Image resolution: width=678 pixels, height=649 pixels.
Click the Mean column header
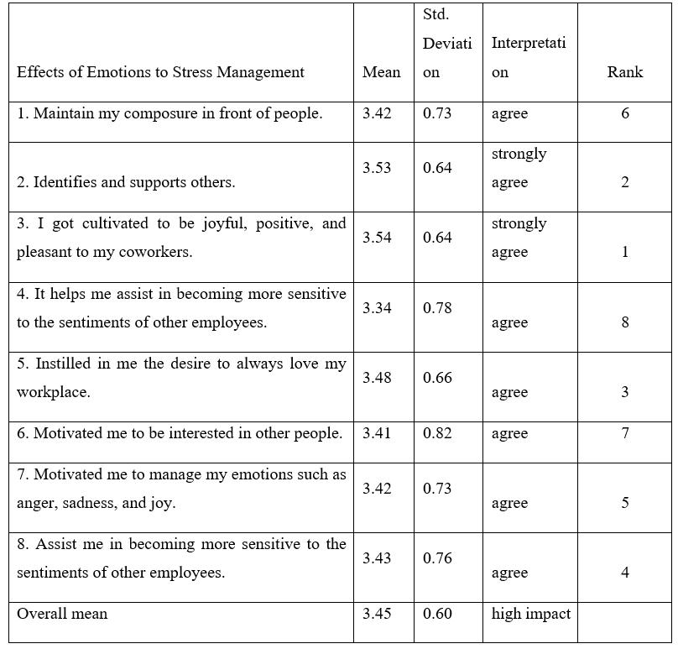click(381, 72)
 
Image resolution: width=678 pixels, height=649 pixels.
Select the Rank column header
click(624, 72)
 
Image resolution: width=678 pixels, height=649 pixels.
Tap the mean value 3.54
click(377, 238)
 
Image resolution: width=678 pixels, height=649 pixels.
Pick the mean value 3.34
click(377, 308)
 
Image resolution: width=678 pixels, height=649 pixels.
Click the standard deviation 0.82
click(437, 433)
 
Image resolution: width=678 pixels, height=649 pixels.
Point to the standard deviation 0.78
click(437, 308)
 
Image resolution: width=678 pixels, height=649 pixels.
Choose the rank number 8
click(625, 322)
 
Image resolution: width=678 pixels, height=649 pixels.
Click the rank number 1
click(625, 252)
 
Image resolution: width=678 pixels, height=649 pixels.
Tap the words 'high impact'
click(530, 614)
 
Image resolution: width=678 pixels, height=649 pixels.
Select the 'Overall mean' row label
click(62, 614)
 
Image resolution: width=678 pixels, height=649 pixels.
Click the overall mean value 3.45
click(377, 614)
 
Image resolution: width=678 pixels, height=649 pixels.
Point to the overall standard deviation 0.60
click(437, 614)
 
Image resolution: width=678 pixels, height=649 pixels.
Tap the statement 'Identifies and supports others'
click(126, 182)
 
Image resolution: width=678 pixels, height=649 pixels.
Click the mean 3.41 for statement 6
click(377, 433)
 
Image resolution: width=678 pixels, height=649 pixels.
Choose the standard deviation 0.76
click(437, 558)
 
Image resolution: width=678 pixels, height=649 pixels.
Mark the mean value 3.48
click(377, 378)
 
